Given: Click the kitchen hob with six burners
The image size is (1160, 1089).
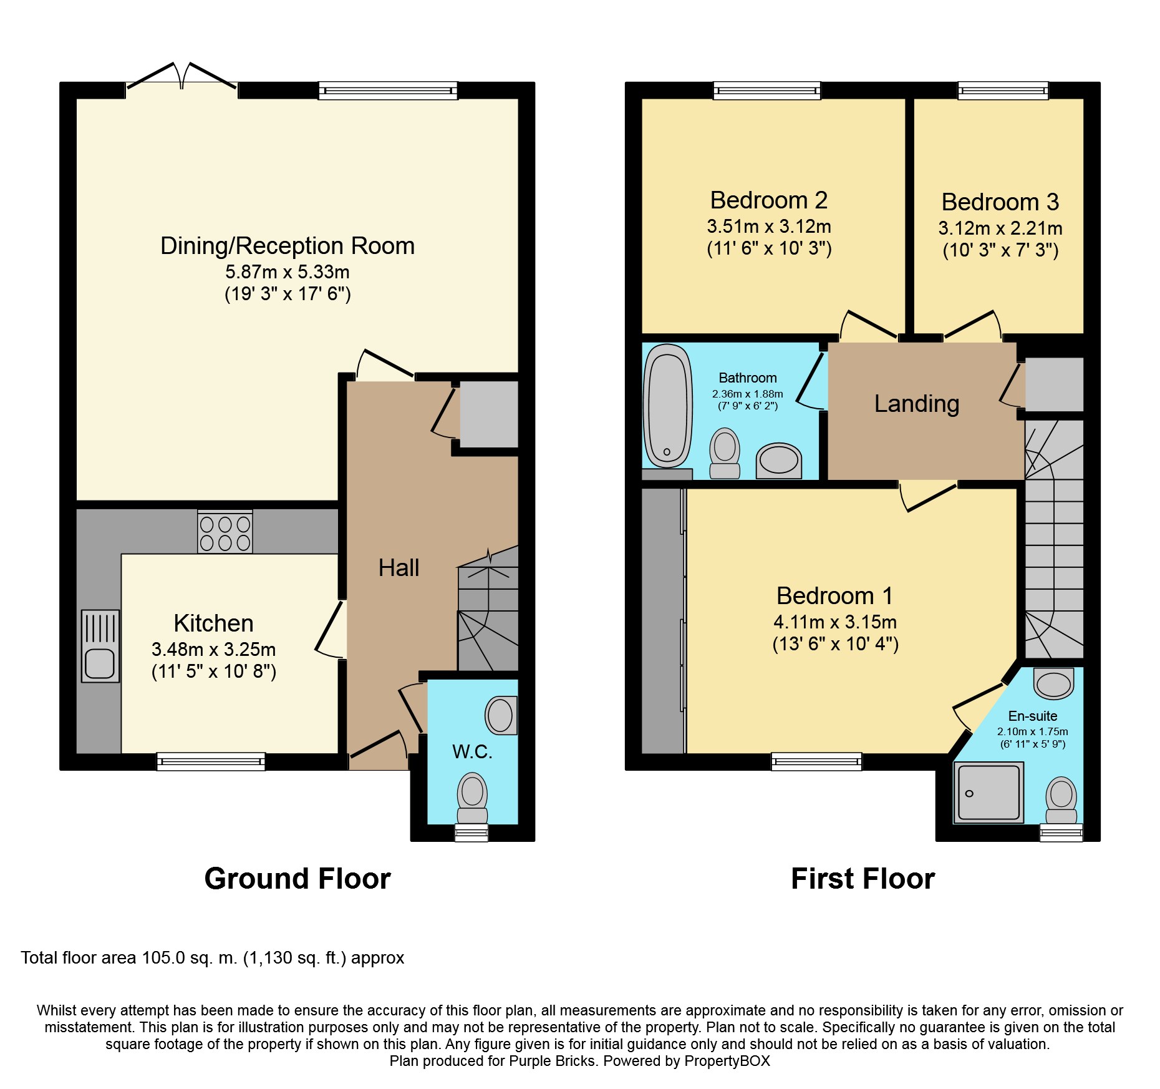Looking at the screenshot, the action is click(x=225, y=532).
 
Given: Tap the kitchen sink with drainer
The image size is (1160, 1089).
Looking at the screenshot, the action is click(x=100, y=646).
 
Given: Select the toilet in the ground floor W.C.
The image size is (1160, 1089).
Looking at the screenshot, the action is click(x=472, y=798).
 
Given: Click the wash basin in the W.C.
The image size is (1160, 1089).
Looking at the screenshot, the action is click(x=501, y=715).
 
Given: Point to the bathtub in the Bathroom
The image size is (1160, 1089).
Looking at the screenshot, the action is click(x=668, y=406).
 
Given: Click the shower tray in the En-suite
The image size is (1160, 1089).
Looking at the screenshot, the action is click(x=988, y=792).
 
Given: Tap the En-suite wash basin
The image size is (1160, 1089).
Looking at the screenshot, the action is click(x=1054, y=683).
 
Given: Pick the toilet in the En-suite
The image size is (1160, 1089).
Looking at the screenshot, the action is click(x=1061, y=800).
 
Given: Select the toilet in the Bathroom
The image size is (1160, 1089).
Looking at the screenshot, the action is click(x=725, y=453).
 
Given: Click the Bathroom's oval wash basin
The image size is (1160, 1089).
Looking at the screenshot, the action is click(x=779, y=461).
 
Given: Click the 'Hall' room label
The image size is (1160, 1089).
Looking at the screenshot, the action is click(x=399, y=568).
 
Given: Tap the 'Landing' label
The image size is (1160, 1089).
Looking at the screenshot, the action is click(x=917, y=404).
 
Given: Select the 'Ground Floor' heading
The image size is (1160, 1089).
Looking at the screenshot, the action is click(x=297, y=879).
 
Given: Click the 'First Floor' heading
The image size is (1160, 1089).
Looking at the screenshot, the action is click(x=863, y=879).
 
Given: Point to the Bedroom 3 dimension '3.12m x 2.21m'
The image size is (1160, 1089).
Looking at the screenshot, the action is click(x=1000, y=228).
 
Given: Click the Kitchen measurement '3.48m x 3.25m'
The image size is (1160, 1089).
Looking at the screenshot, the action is click(x=214, y=650).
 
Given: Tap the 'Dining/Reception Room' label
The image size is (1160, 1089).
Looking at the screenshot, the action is click(x=288, y=246).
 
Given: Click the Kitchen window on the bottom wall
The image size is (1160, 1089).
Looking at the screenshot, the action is click(x=211, y=761).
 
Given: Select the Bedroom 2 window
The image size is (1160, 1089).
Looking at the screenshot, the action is click(x=767, y=90).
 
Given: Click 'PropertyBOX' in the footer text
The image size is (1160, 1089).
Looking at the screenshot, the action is click(x=727, y=1061).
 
